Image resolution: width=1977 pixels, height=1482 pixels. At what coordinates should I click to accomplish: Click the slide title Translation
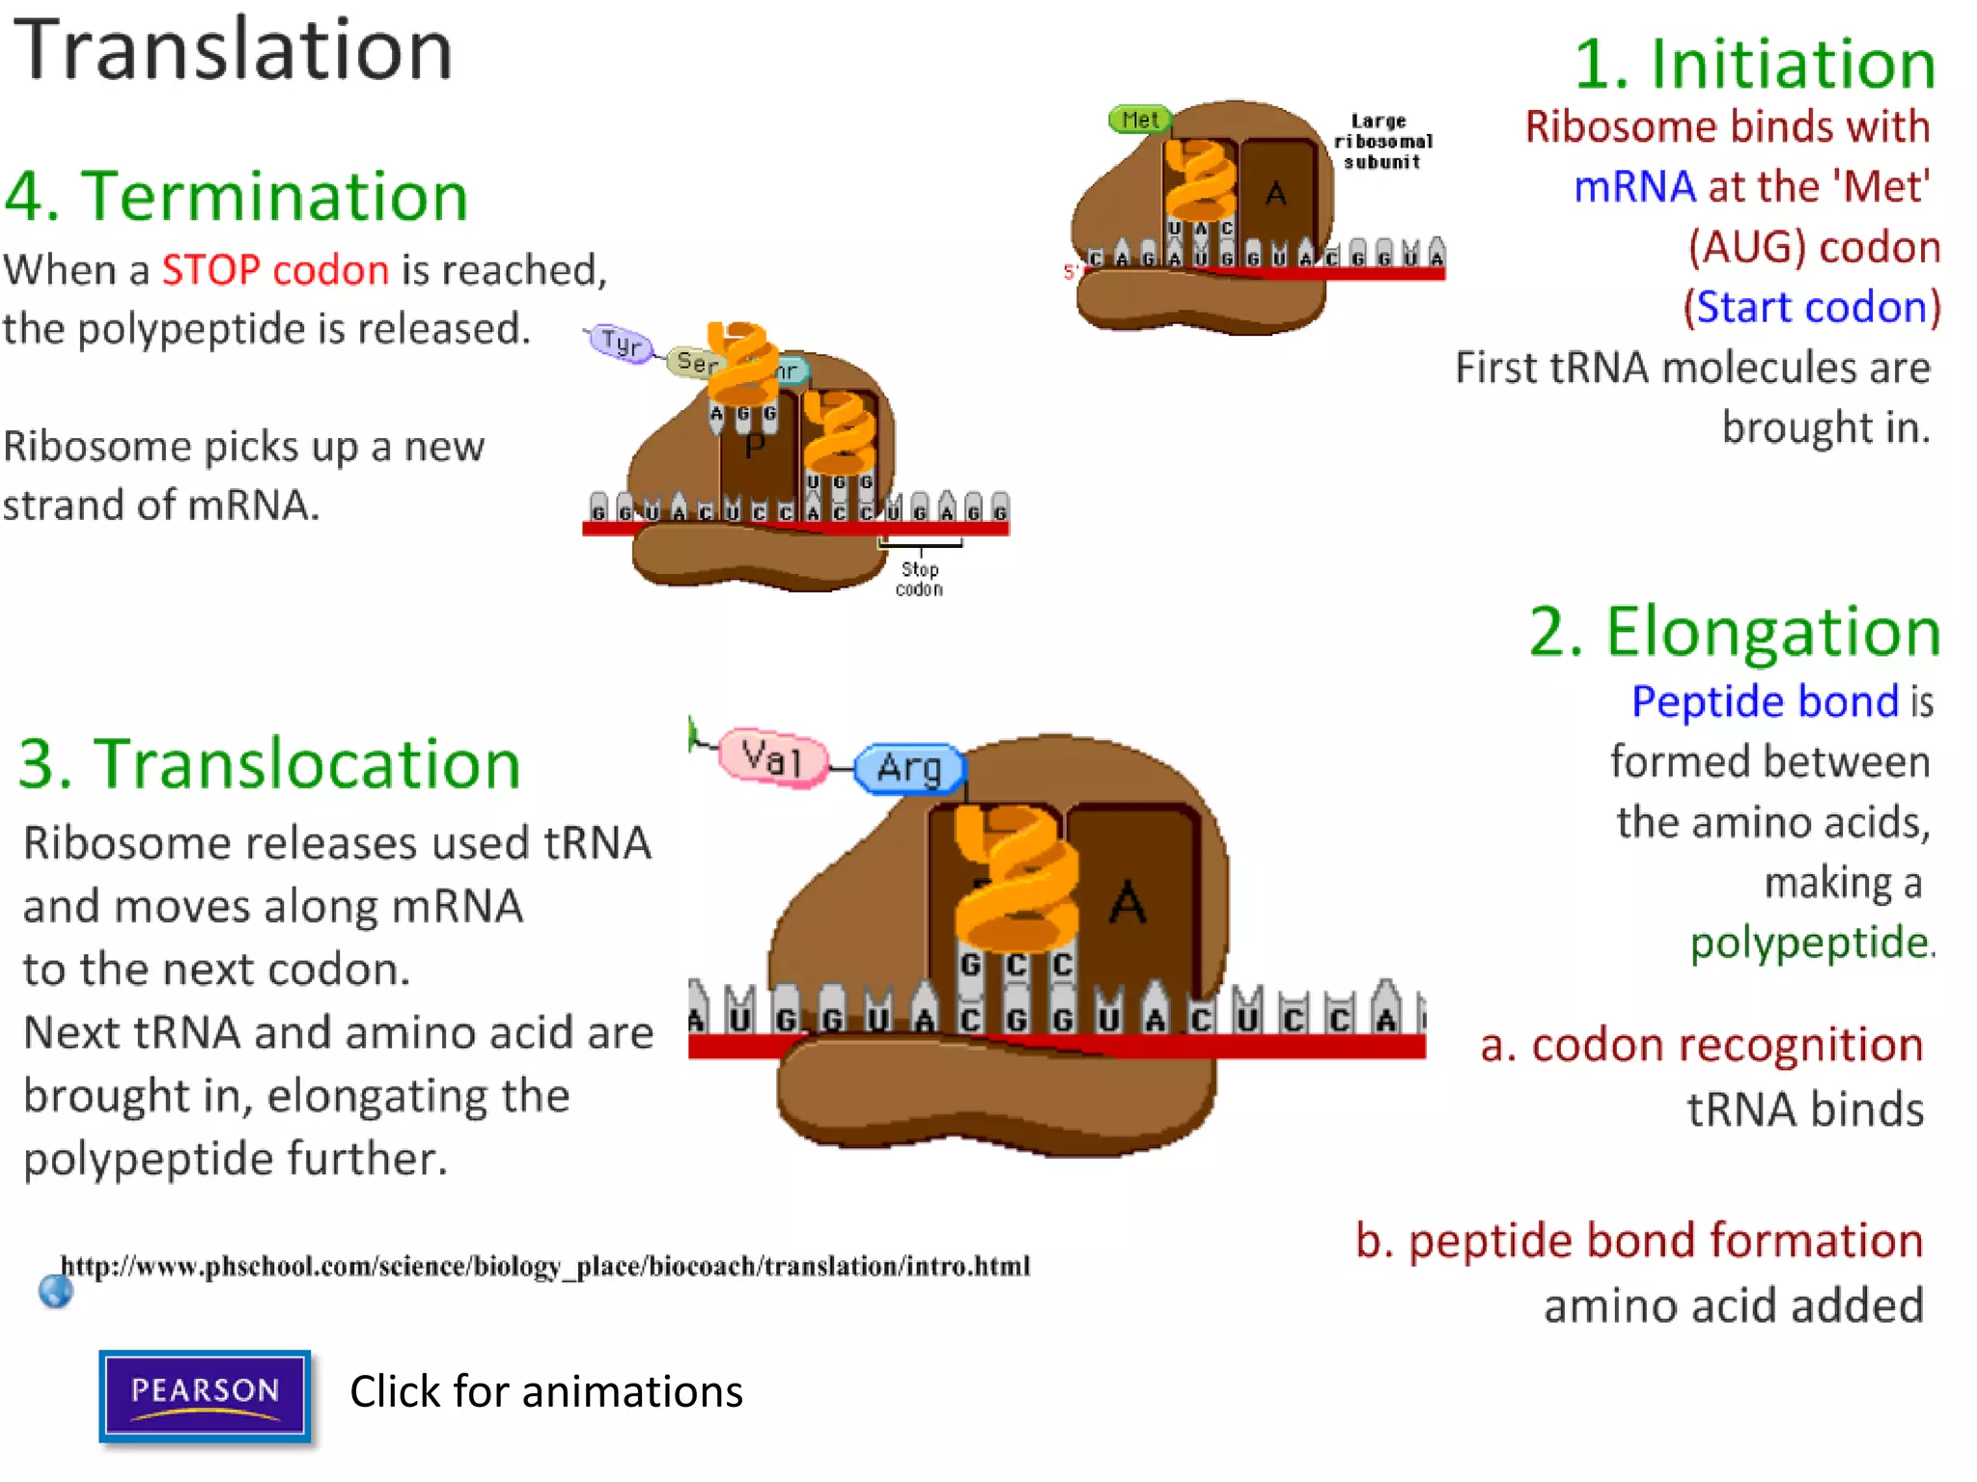[233, 50]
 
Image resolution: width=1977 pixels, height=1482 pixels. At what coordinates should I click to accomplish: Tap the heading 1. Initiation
[1754, 65]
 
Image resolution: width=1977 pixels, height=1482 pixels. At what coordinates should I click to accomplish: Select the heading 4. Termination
[237, 197]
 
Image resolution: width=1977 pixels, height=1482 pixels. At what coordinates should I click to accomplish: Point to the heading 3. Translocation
[269, 764]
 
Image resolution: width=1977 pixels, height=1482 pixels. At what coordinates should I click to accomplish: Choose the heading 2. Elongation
[1734, 632]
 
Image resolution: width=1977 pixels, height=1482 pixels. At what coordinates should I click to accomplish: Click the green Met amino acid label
[1139, 120]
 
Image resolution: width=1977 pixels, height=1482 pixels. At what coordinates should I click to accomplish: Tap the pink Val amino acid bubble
[772, 758]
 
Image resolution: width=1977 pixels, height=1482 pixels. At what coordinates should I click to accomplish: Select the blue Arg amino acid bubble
[909, 769]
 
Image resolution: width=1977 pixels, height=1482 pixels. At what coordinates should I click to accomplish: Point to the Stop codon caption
[919, 579]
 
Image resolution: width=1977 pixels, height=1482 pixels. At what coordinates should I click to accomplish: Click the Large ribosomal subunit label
[1382, 142]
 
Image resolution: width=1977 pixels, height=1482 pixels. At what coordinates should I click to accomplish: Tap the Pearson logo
[205, 1396]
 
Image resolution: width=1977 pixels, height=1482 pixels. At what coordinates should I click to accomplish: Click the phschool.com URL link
[545, 1266]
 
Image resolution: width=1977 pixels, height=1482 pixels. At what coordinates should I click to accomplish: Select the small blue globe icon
[56, 1290]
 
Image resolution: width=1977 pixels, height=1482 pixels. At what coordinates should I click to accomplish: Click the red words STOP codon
[275, 270]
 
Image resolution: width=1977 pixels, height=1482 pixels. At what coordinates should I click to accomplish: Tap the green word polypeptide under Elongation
[1810, 943]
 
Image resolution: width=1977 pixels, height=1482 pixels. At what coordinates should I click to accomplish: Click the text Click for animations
[546, 1392]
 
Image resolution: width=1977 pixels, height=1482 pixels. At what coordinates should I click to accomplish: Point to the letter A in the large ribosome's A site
[1127, 903]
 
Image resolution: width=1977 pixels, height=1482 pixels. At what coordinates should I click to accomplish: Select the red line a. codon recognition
[1701, 1045]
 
